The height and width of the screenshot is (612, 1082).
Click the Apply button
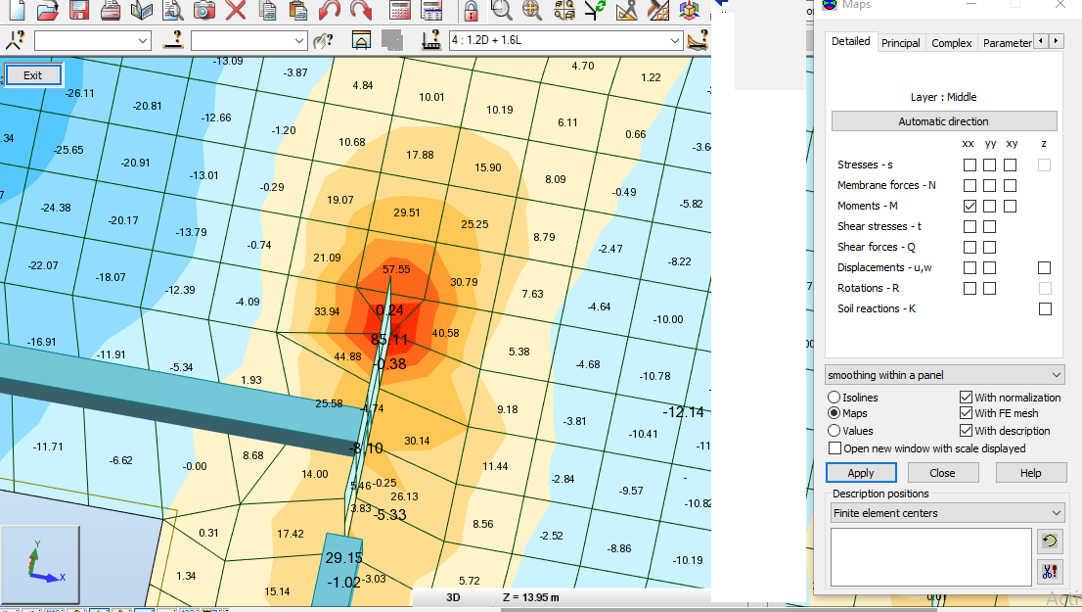click(861, 473)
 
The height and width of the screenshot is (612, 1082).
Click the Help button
click(1030, 473)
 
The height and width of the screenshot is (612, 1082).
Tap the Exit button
click(33, 75)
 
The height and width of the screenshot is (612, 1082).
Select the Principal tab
click(900, 43)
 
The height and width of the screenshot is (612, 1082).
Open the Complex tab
click(951, 43)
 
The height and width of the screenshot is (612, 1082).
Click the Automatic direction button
click(943, 121)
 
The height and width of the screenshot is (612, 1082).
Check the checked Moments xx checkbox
click(969, 207)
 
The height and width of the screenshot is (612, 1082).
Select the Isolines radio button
click(834, 398)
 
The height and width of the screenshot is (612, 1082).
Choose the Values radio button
click(834, 431)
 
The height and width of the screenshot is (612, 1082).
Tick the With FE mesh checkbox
click(967, 414)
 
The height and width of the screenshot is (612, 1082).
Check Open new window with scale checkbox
click(834, 448)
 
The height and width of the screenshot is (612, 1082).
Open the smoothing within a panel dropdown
click(944, 375)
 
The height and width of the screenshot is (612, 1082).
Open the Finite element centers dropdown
click(944, 513)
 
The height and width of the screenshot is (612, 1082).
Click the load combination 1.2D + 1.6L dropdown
click(565, 41)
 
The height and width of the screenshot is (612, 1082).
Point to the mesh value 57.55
click(396, 269)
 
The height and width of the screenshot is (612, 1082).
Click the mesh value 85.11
click(389, 340)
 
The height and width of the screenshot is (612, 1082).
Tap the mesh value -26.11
click(80, 93)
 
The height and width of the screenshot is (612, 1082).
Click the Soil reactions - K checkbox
click(1045, 309)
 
